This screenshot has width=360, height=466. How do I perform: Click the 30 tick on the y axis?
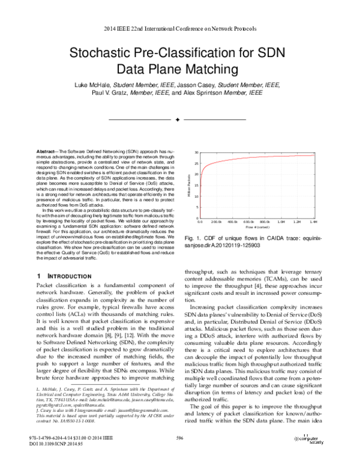pyautogui.click(x=197, y=152)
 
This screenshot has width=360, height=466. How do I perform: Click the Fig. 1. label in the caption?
pyautogui.click(x=190, y=239)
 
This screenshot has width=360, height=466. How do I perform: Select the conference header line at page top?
pyautogui.click(x=180, y=28)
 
